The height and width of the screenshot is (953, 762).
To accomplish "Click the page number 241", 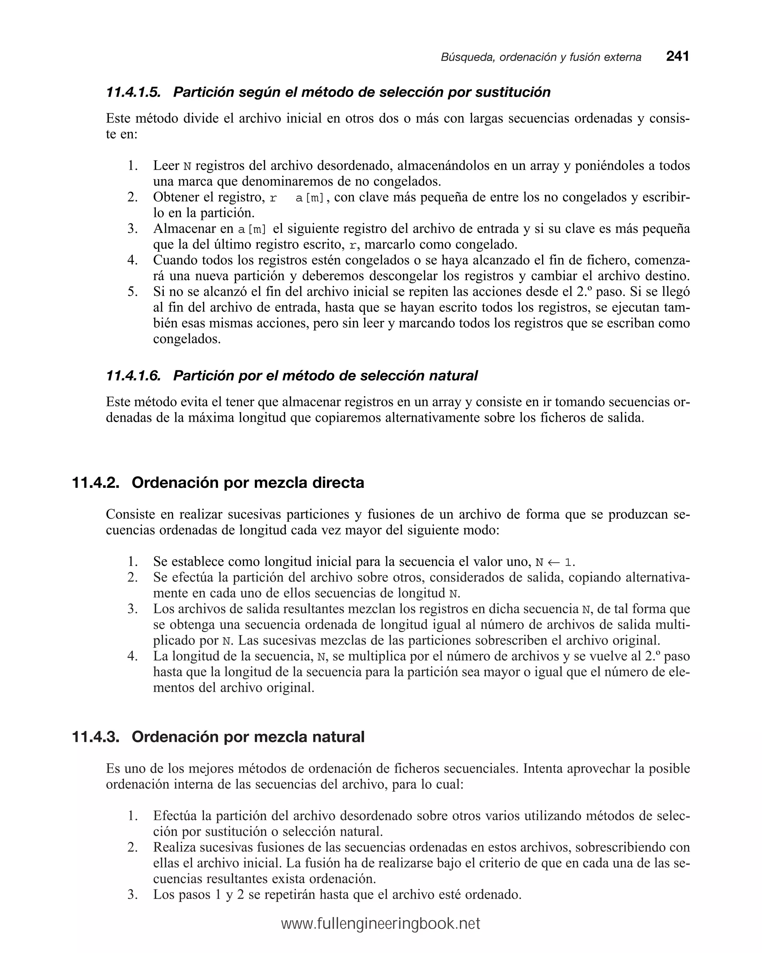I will click(677, 56).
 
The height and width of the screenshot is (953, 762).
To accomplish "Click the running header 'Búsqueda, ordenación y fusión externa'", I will click(541, 57).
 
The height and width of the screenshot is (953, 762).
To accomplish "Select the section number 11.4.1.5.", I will click(133, 92).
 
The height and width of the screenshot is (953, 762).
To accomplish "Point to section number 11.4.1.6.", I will click(133, 376).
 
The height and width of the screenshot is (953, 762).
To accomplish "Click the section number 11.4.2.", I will click(96, 482).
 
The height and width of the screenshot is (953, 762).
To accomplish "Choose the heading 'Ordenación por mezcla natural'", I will click(247, 737).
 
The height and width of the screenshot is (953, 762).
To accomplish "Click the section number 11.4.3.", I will click(96, 737).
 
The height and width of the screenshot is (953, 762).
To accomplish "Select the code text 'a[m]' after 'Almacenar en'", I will click(252, 229).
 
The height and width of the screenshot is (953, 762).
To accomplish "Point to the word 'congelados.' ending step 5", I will click(186, 339).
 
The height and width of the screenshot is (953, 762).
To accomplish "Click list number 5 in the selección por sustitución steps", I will click(132, 292).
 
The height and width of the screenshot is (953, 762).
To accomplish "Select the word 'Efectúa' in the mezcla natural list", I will click(175, 816).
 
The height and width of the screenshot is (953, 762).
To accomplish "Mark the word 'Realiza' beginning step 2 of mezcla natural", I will click(174, 847).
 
